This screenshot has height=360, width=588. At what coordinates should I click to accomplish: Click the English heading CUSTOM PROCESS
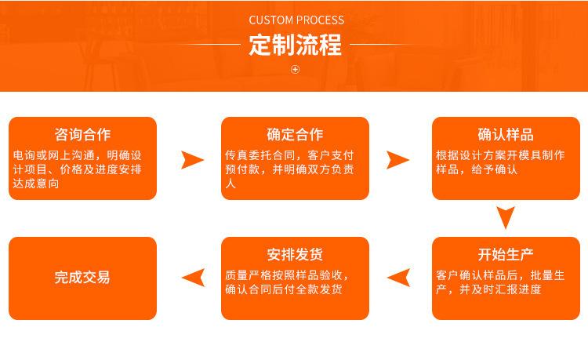296,20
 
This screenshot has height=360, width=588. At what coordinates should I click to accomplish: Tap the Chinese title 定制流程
295,45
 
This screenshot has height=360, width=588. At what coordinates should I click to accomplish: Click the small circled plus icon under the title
295,69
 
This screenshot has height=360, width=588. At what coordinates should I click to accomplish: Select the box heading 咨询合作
82,135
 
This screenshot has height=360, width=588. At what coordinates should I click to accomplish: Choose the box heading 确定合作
295,135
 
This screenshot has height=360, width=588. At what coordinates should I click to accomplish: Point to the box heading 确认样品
506,135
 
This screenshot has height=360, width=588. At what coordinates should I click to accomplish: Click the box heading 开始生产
506,255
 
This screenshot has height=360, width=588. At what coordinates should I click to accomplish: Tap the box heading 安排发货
295,255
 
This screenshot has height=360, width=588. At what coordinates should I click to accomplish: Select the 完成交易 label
82,278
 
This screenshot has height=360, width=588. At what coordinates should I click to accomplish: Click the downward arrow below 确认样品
506,216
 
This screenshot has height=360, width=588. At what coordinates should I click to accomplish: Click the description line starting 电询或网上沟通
78,155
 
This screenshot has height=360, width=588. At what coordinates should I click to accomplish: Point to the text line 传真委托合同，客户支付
289,155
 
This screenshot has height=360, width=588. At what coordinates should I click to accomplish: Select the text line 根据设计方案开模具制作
500,155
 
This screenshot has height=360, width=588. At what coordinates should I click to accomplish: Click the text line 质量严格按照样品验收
287,275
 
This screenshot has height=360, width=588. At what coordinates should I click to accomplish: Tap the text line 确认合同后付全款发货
284,289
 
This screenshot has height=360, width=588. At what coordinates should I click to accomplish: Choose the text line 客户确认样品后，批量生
500,275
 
